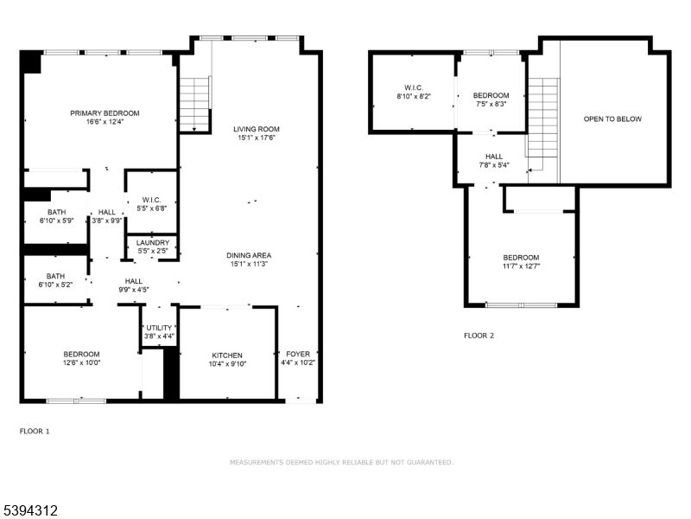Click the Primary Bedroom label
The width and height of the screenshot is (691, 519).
click(x=105, y=113)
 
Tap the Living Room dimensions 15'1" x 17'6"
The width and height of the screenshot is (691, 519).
click(x=257, y=139)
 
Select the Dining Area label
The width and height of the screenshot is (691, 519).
click(x=250, y=255)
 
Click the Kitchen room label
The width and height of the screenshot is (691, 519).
click(x=228, y=356)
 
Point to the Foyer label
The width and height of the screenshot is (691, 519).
click(x=298, y=355)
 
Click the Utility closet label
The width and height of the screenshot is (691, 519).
click(x=159, y=328)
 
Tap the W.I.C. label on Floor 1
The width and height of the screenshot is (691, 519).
click(x=152, y=200)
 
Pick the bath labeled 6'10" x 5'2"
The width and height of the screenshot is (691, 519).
click(x=57, y=284)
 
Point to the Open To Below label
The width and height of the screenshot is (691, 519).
click(x=612, y=119)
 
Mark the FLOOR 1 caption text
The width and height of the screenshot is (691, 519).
click(x=35, y=431)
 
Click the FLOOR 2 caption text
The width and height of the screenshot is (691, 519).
click(x=479, y=335)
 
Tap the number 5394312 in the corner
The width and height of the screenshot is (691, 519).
click(x=30, y=511)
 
